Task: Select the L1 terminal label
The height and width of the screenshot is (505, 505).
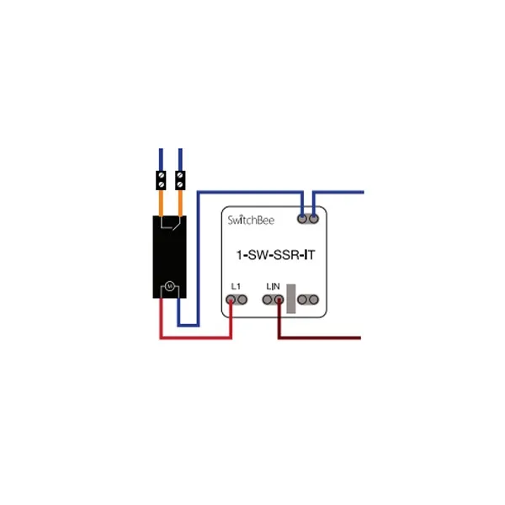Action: (x=237, y=287)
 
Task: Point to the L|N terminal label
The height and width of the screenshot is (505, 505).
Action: (x=273, y=287)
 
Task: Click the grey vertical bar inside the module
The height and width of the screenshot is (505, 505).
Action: (x=290, y=299)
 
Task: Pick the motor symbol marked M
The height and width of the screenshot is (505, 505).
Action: (x=168, y=287)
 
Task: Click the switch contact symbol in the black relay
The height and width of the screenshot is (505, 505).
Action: (x=171, y=226)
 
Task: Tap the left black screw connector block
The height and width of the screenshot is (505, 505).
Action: (x=161, y=180)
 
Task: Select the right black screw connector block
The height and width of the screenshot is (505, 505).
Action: (x=180, y=180)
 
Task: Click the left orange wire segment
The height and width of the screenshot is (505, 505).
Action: (x=161, y=202)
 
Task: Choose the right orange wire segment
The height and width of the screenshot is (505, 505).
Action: (x=180, y=202)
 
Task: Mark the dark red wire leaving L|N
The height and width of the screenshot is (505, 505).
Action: (x=320, y=338)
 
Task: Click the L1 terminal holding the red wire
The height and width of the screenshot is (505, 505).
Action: (x=231, y=300)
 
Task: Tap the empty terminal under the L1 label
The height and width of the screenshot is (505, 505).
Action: (x=242, y=300)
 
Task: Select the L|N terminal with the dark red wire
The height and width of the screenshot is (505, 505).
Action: (x=279, y=300)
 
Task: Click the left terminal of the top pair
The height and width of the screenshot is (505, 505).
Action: (x=303, y=219)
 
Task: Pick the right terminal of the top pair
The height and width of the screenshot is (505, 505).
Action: (x=314, y=219)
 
